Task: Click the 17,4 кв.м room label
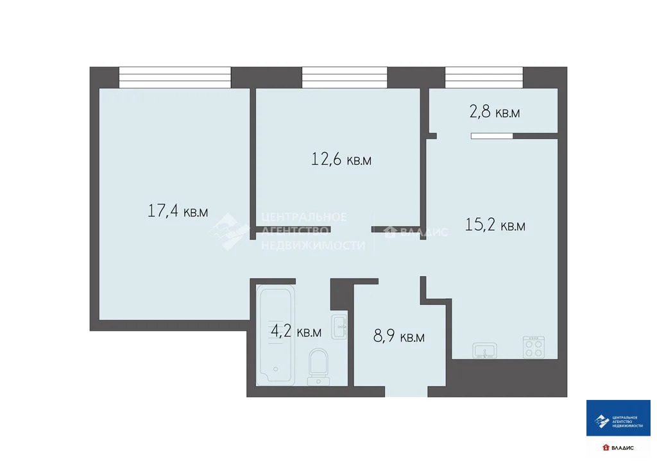tap(178, 211)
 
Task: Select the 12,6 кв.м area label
tap(341, 160)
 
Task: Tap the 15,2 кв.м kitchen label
tap(495, 226)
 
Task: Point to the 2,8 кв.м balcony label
tap(494, 113)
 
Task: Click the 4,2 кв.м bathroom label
tap(295, 332)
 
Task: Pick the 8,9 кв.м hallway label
tap(398, 336)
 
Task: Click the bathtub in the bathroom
tap(275, 333)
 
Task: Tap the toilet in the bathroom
tap(318, 366)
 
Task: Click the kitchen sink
tap(485, 350)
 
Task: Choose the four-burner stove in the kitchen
tap(533, 347)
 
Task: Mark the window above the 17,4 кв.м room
tap(175, 78)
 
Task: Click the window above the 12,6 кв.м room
tap(345, 78)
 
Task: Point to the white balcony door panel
tap(492, 136)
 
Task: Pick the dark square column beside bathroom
tap(342, 294)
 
